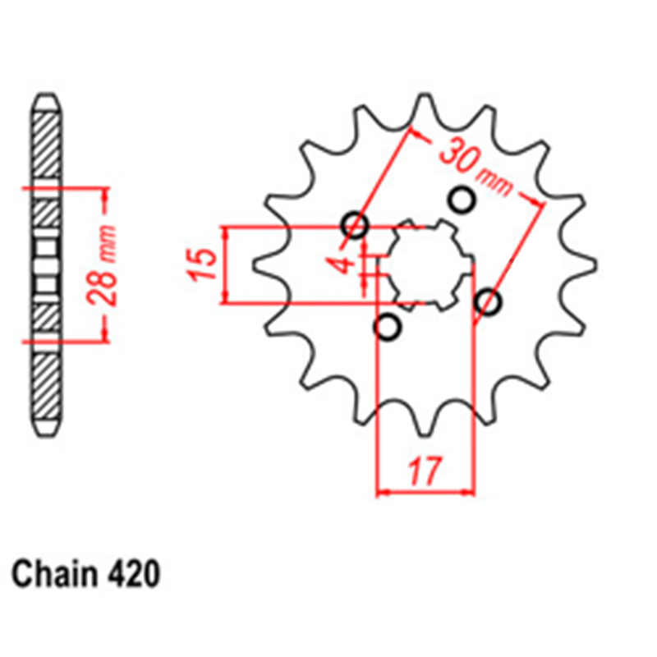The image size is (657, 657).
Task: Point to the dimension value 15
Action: [203, 264]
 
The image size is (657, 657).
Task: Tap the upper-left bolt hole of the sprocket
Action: [356, 225]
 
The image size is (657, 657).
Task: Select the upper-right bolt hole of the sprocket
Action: [462, 200]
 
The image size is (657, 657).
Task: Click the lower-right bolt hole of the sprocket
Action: [488, 301]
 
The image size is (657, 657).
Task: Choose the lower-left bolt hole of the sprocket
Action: [388, 327]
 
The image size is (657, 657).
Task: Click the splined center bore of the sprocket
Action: [430, 264]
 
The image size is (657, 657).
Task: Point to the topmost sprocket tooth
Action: [425, 110]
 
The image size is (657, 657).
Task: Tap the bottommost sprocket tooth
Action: [425, 420]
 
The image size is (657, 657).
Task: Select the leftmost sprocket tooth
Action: [269, 264]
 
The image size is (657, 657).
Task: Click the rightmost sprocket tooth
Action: [581, 264]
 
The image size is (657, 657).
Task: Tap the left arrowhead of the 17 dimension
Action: [384, 494]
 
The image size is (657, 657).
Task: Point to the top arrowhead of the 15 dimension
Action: [227, 233]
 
